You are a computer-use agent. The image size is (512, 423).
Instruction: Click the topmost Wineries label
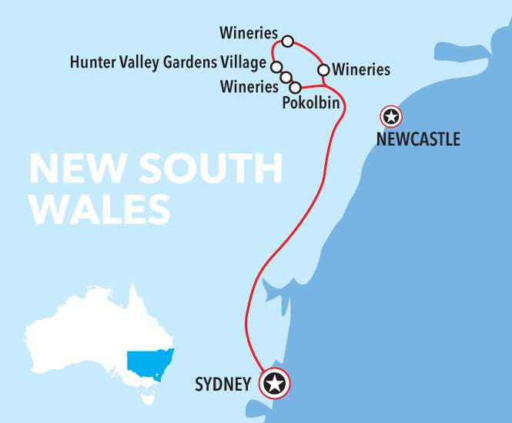coord(248,33)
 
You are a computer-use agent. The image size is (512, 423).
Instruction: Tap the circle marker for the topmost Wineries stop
coord(288,41)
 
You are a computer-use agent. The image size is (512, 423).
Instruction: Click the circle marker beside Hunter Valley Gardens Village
coord(276,66)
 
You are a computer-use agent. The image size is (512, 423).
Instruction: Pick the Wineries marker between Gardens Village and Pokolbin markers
coord(285,76)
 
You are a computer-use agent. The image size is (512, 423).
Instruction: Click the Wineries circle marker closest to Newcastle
coord(323,70)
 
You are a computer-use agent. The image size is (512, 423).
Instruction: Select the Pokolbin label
coord(311,102)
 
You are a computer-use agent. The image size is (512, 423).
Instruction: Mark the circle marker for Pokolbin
coord(295,87)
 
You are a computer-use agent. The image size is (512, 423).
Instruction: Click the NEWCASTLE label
coord(418,139)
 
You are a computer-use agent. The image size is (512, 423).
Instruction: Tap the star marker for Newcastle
coord(391,117)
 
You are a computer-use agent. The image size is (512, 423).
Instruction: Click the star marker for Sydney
coord(275,382)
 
